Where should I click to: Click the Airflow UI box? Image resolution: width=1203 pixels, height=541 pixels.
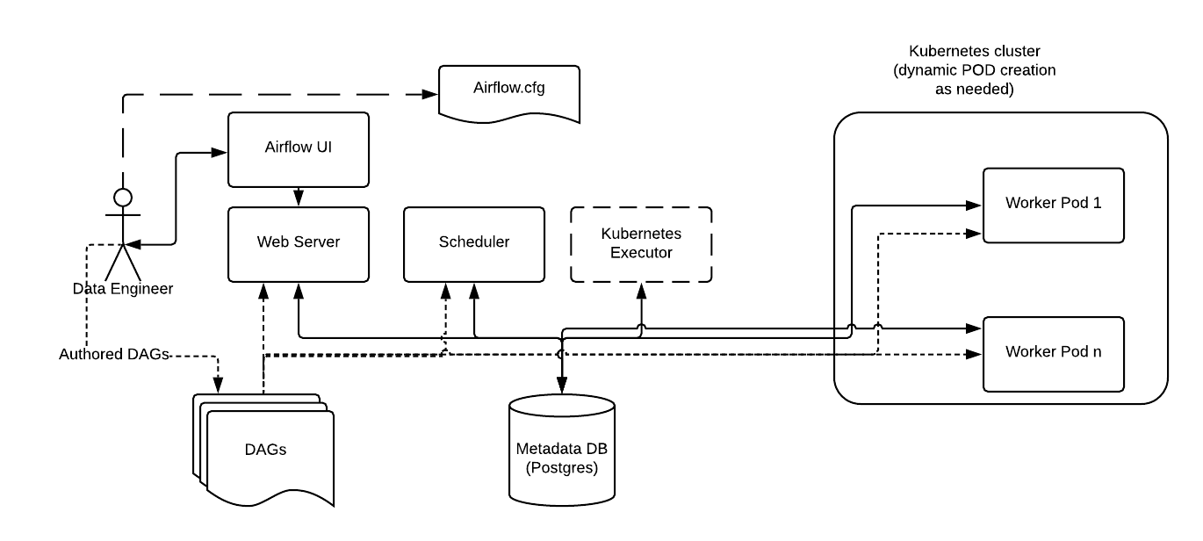[x=298, y=148]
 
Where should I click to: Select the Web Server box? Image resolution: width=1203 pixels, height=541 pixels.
[x=298, y=243]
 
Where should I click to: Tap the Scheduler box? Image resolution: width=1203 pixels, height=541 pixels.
[x=473, y=243]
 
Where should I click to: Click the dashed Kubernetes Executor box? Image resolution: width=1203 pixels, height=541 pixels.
[x=640, y=243]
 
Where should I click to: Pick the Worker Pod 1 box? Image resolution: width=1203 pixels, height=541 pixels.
[x=1053, y=204]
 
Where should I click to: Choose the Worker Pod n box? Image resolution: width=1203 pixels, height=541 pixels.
[x=1053, y=353]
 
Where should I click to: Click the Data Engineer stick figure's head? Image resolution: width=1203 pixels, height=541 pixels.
[x=123, y=196]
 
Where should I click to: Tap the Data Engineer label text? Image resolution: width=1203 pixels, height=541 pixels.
[x=123, y=288]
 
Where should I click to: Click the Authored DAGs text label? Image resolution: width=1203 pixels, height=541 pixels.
[x=113, y=355]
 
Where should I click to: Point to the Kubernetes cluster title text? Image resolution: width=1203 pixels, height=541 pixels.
[x=976, y=70]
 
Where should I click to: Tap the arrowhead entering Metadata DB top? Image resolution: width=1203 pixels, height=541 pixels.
[x=562, y=385]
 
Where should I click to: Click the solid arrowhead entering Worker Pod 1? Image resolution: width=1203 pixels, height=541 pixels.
[x=974, y=205]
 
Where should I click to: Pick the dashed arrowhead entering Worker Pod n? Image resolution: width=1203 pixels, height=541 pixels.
[x=974, y=355]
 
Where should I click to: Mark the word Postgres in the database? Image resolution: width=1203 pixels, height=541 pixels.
[x=562, y=468]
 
